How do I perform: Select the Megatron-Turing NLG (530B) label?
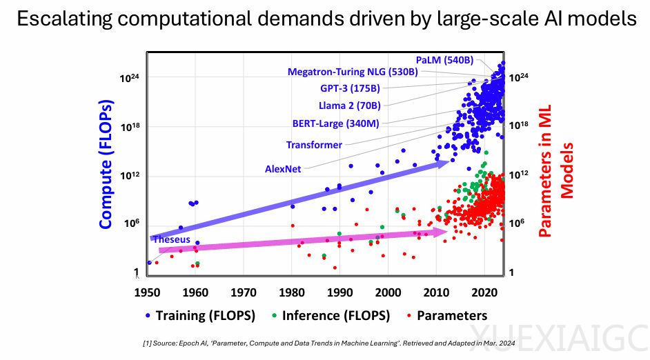pos(353,72)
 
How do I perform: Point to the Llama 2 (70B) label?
pos(350,106)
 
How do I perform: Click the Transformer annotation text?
pos(314,145)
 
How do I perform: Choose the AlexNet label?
pos(283,169)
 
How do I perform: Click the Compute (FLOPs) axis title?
pos(106,165)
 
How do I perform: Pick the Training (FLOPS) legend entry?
pos(200,316)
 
